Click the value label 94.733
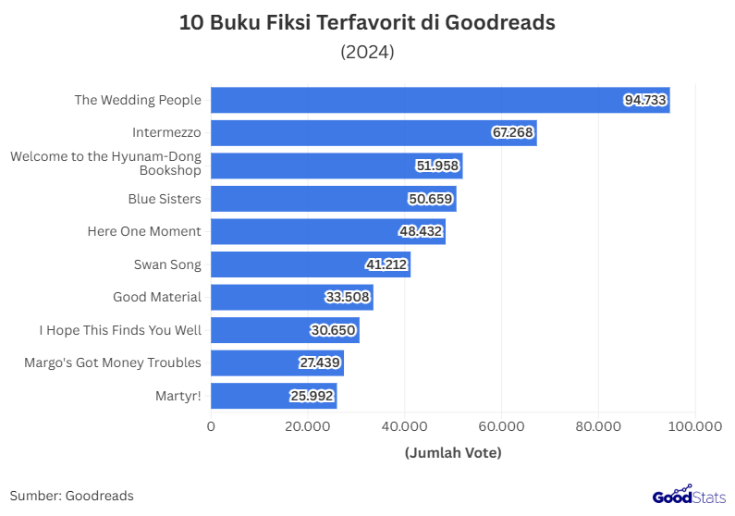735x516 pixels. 645,100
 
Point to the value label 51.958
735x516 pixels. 438,166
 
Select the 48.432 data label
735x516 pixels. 421,231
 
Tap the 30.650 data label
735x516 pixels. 334,330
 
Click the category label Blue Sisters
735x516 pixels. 165,199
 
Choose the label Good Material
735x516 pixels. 157,297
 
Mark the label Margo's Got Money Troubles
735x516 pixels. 113,362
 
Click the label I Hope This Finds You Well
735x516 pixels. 120,330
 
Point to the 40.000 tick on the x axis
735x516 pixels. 404,426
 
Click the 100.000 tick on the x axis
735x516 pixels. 694,426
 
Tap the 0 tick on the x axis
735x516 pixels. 211,426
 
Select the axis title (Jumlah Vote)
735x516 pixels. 453,453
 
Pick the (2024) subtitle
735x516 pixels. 368,52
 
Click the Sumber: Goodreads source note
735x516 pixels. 72,496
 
